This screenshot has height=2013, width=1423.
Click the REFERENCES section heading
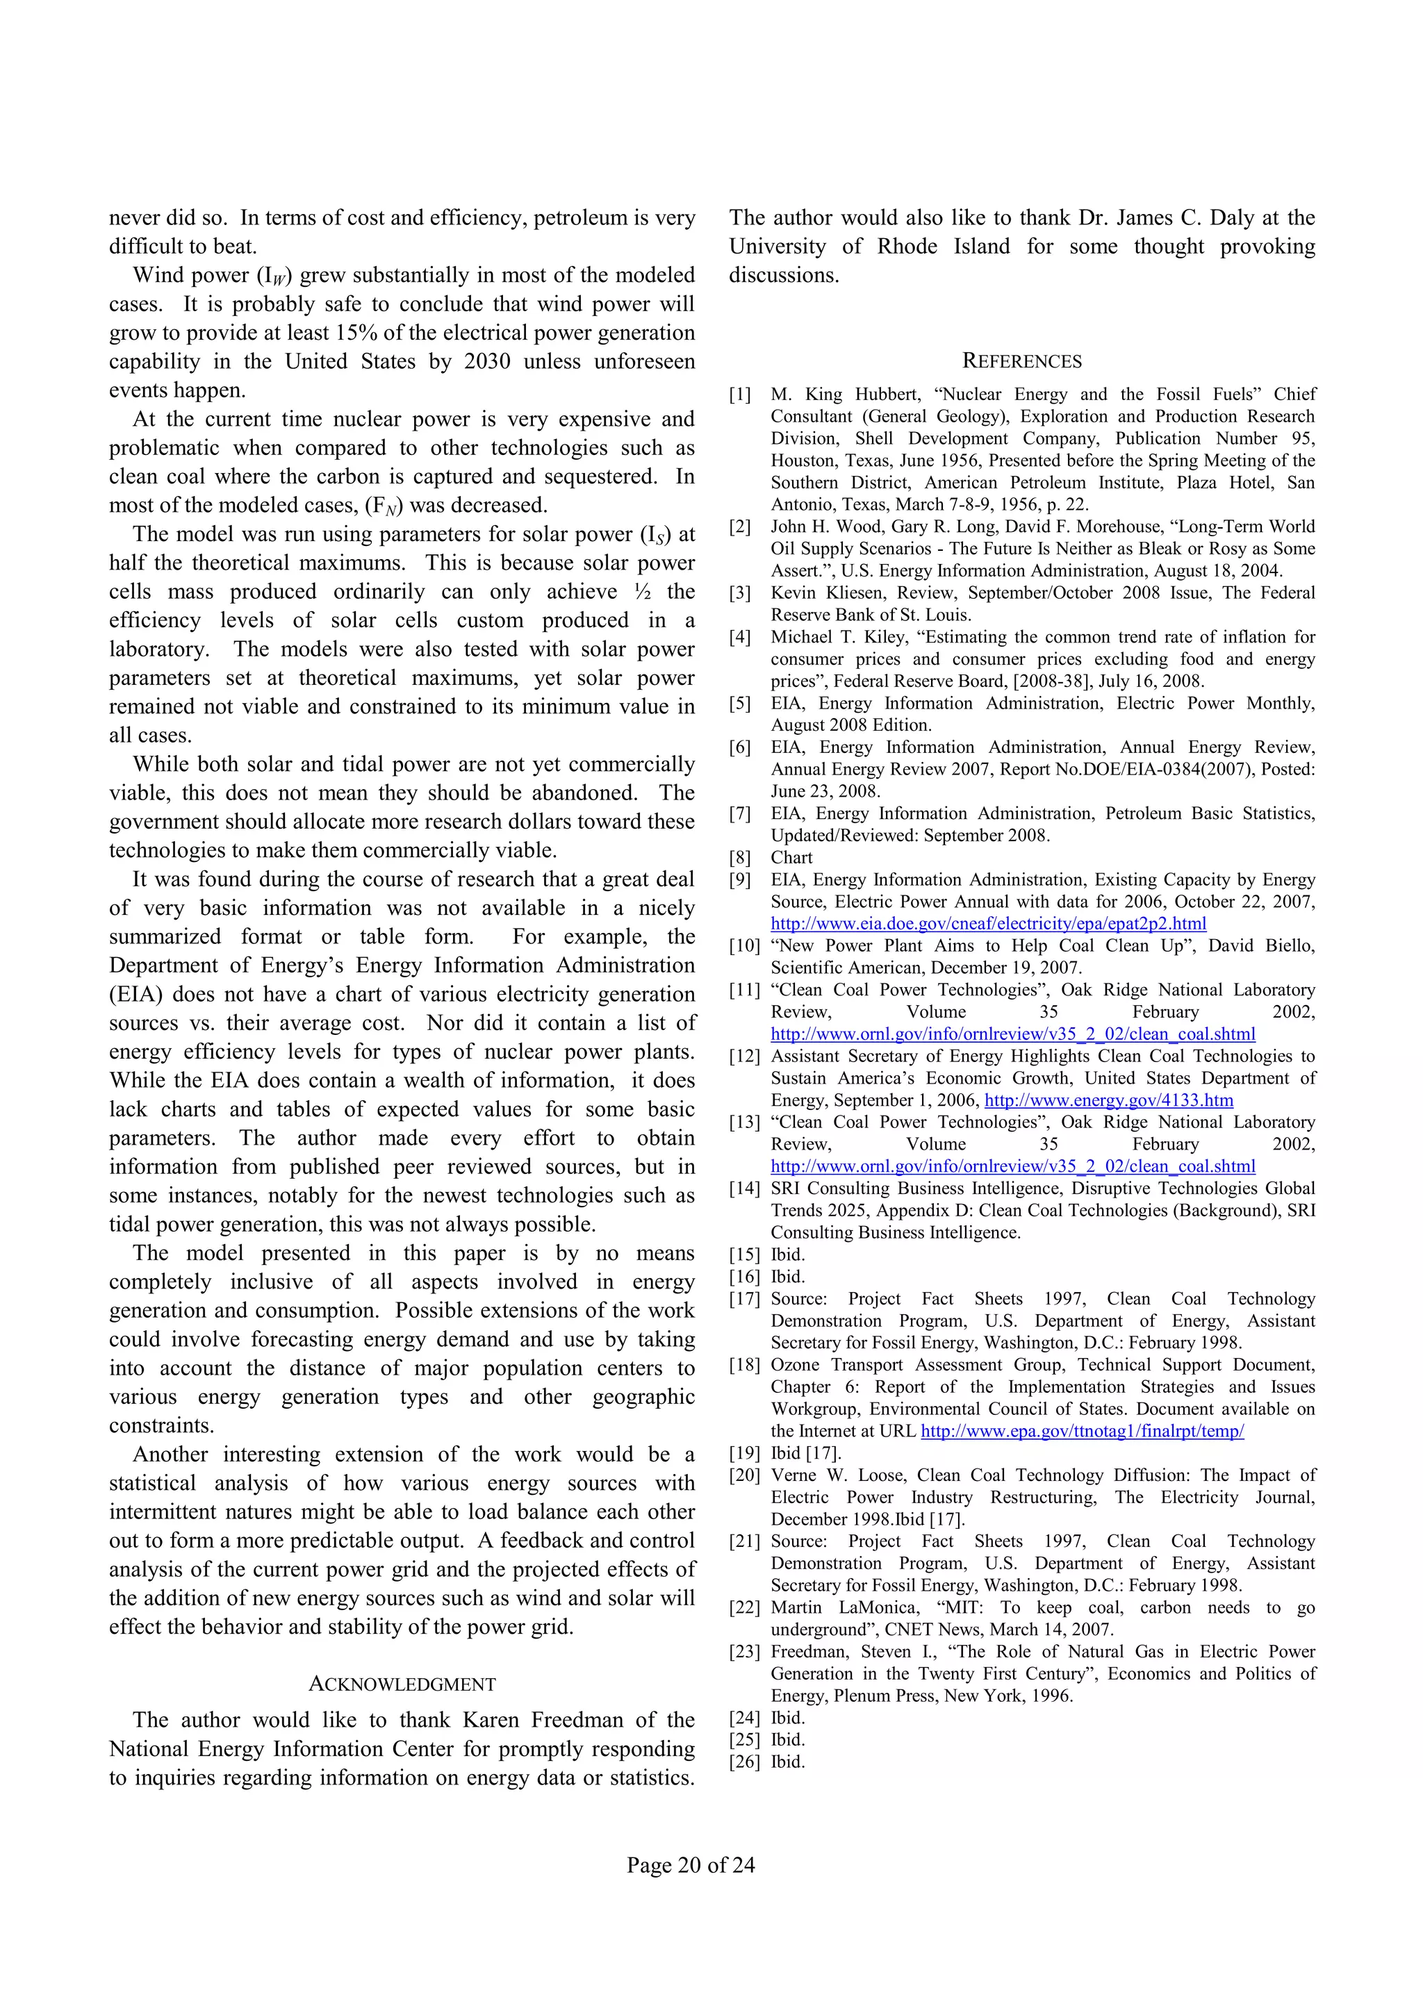[x=1021, y=361]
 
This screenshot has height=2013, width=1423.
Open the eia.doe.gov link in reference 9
[x=988, y=923]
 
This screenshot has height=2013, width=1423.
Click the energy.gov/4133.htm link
[x=1108, y=1100]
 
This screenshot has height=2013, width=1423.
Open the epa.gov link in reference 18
[x=1082, y=1431]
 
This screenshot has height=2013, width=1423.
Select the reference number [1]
[x=741, y=395]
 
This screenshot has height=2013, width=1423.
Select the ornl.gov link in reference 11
[x=1012, y=1034]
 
